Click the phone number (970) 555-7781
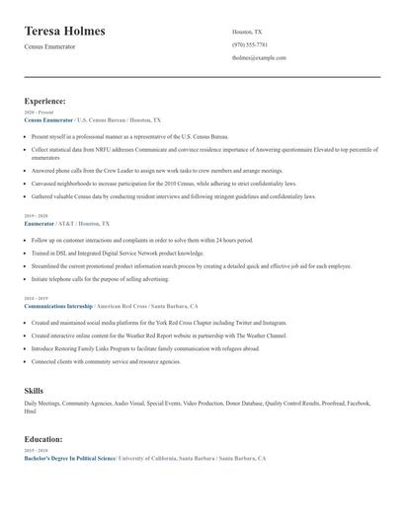click(250, 44)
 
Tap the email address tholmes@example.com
click(259, 57)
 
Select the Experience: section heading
click(45, 101)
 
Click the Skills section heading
click(34, 391)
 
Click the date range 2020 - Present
click(40, 112)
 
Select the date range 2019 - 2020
click(37, 215)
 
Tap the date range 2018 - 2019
click(37, 298)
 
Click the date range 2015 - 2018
click(37, 451)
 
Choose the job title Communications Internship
click(58, 306)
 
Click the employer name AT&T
click(65, 224)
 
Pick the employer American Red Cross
click(123, 306)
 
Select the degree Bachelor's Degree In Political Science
click(70, 459)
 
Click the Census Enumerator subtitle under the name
click(49, 46)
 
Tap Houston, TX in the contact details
click(247, 32)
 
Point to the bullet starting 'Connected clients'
click(106, 361)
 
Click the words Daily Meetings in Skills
click(41, 404)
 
